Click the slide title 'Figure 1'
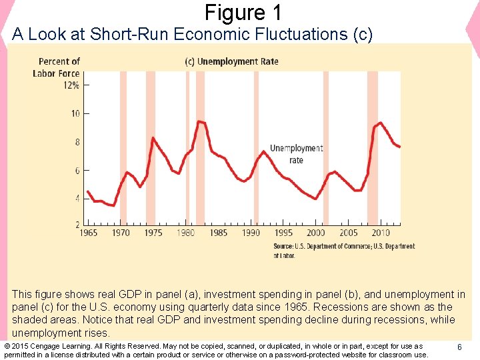243,12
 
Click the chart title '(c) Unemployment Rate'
232,61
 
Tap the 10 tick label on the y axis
75,114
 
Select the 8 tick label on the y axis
76,142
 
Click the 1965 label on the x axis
88,233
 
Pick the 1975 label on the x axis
153,233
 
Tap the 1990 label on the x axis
251,233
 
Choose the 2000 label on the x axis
316,233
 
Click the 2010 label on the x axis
381,233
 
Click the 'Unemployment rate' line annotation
296,154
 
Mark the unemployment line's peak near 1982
199,121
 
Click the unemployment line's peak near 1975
153,137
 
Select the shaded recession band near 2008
372,147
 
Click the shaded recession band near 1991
256,147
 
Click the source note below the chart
343,251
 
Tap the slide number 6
459,347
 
